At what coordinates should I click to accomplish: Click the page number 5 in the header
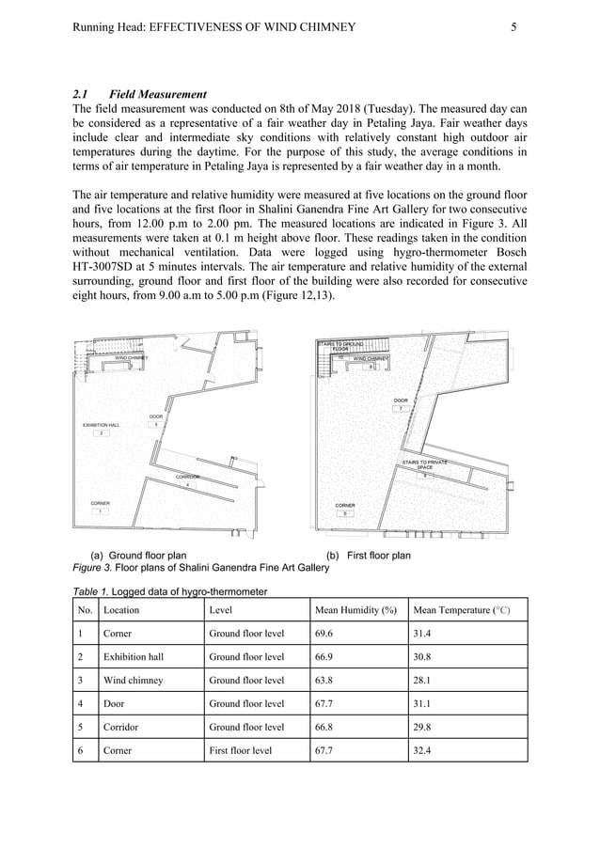pyautogui.click(x=513, y=27)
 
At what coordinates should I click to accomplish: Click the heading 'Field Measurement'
pyautogui.click(x=157, y=94)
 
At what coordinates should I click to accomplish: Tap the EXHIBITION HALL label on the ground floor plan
pyautogui.click(x=101, y=425)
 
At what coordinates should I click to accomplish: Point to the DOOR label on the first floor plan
pyautogui.click(x=401, y=401)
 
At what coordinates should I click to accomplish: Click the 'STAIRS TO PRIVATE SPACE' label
pyautogui.click(x=424, y=464)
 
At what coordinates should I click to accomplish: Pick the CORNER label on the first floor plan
pyautogui.click(x=345, y=506)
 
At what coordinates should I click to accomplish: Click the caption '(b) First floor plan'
pyautogui.click(x=368, y=556)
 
